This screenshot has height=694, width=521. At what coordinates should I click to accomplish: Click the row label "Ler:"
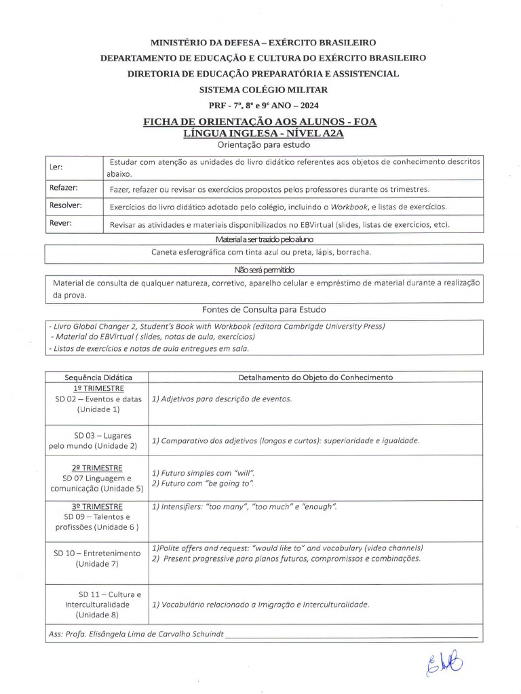[x=56, y=167]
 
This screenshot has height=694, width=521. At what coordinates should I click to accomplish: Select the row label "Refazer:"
[x=63, y=188]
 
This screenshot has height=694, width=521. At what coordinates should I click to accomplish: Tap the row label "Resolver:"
[x=65, y=205]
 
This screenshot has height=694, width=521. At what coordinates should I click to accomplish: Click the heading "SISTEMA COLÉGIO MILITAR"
[x=263, y=89]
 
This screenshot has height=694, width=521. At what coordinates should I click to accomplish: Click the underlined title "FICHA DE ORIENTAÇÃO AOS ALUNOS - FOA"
[x=260, y=122]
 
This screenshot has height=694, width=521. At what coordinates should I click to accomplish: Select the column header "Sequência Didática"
[x=98, y=377]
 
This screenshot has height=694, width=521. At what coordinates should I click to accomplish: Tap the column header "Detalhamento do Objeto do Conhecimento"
[x=315, y=377]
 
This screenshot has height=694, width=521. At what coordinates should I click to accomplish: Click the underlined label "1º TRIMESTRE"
[x=98, y=388]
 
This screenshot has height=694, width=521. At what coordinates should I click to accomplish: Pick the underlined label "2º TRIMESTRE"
[x=97, y=468]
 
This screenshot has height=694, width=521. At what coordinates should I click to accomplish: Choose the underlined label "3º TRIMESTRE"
[x=97, y=506]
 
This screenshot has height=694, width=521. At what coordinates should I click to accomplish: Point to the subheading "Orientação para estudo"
[x=264, y=144]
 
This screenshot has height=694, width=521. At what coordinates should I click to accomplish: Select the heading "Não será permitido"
[x=263, y=269]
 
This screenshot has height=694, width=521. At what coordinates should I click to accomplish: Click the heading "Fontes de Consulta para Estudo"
[x=264, y=309]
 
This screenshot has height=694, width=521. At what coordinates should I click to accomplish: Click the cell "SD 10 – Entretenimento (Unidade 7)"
[x=97, y=558]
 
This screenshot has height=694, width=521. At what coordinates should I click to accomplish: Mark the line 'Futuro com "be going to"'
[x=204, y=483]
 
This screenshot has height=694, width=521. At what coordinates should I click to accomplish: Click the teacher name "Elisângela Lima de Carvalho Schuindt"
[x=153, y=635]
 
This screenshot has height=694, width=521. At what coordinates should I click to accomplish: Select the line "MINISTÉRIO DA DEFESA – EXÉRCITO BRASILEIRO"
[x=263, y=43]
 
